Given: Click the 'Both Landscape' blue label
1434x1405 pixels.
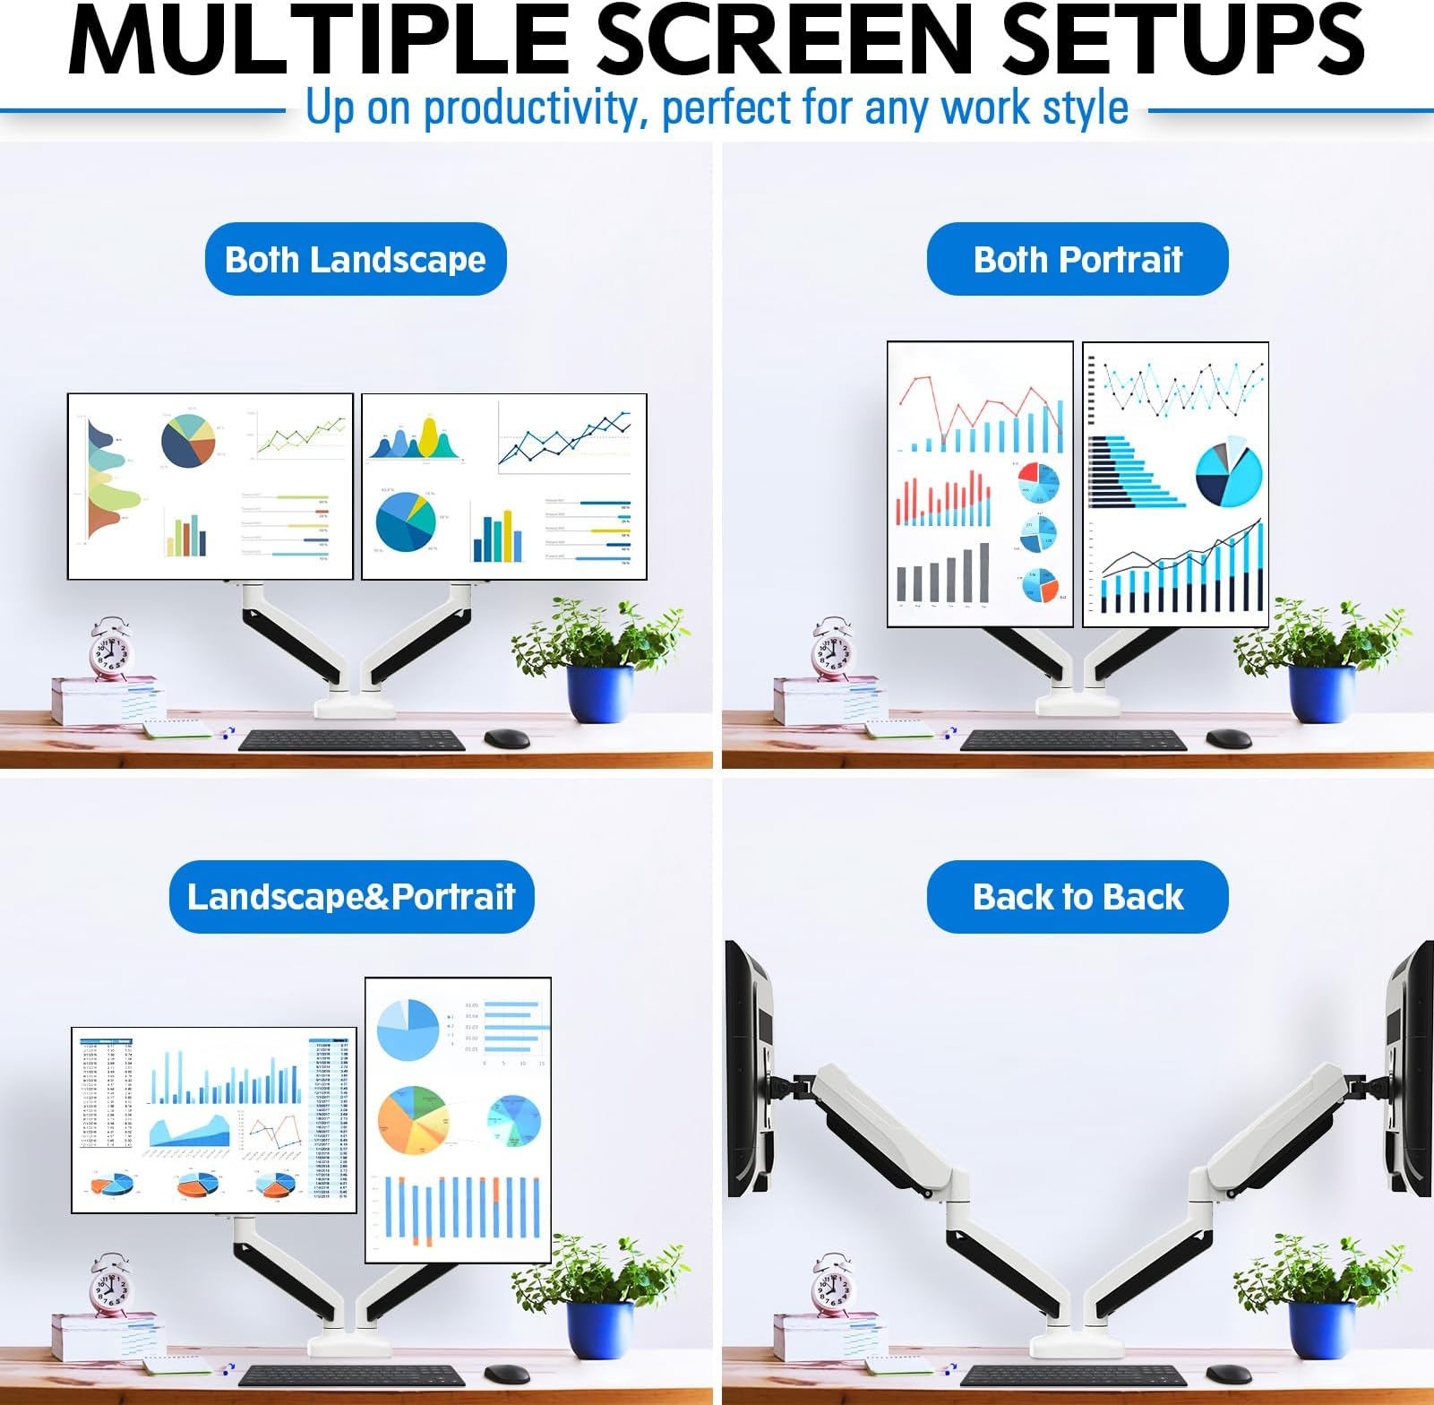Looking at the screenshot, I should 356,259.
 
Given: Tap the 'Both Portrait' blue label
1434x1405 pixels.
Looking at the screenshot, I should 1078,259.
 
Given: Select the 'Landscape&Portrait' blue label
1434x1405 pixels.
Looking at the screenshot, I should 351,896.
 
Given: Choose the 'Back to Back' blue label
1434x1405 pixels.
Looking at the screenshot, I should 1078,896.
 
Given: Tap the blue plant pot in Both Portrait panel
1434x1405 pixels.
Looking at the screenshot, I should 1321,694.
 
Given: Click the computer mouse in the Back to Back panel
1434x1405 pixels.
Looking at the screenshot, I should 1228,1375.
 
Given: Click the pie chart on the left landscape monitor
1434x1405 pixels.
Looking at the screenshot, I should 188,440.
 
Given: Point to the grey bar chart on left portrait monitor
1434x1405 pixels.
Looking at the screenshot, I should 943,574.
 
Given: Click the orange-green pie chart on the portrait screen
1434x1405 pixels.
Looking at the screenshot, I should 413,1120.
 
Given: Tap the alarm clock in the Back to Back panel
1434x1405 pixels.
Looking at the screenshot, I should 833,1285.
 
